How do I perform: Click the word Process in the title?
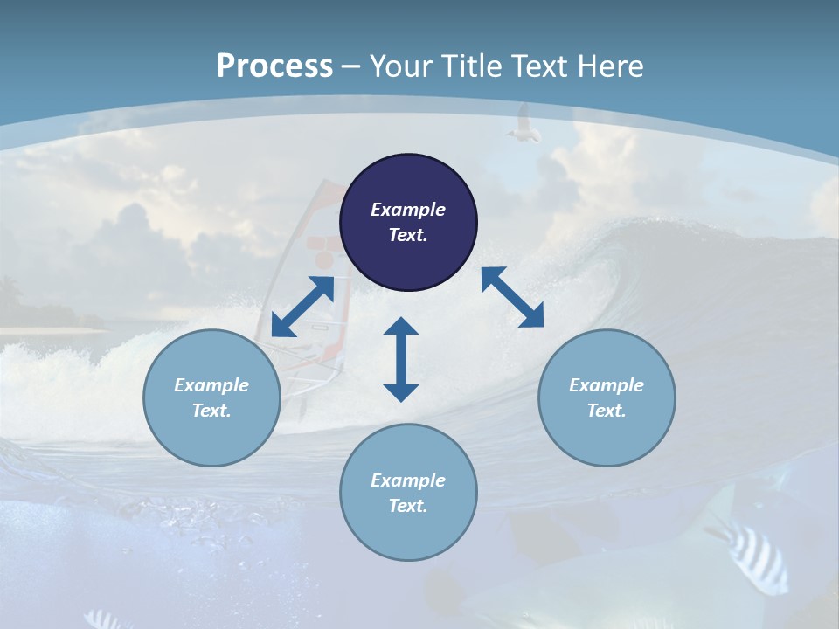pos(274,66)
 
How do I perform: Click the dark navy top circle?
pos(408,222)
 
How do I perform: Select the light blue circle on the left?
pos(211,397)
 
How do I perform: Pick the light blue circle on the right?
pos(607,397)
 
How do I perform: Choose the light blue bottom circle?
pos(408,492)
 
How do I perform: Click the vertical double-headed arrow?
pos(401,359)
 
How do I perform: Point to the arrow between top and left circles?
pos(302,307)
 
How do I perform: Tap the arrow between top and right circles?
pos(512,297)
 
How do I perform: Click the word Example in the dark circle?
pos(408,210)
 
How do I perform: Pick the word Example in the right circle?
pos(607,385)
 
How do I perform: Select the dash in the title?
pos(351,66)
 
